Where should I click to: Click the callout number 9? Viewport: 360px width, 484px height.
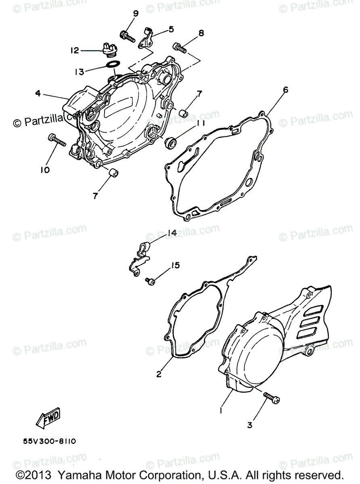point(136,14)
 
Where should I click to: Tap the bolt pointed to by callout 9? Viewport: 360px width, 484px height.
point(128,37)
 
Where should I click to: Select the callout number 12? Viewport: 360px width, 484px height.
point(75,51)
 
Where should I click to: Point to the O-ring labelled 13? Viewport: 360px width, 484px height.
point(113,65)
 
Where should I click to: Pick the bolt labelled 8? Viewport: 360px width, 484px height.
point(179,48)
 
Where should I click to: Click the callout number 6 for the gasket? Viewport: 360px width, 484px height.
point(285,90)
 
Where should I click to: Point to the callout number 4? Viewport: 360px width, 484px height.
point(38,94)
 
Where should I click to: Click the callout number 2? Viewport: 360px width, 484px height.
point(159,374)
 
